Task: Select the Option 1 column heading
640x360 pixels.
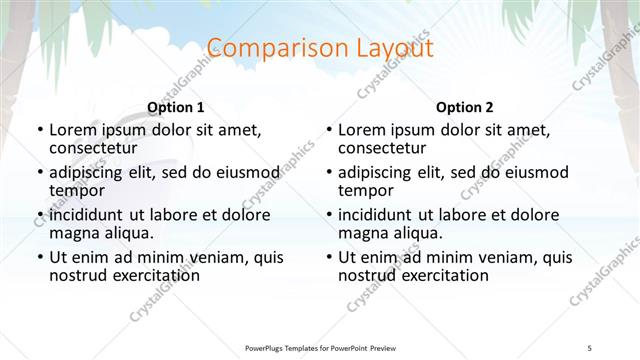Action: tap(175, 106)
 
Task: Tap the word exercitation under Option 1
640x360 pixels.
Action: tap(149, 275)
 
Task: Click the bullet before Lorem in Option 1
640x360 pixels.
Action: tap(39, 131)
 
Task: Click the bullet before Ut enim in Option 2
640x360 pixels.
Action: tap(329, 257)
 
